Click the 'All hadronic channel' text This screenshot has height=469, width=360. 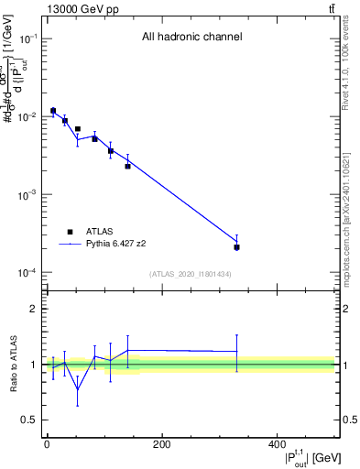coord(191,38)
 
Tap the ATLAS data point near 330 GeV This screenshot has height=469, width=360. coord(236,247)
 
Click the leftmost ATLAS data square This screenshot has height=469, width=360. coord(53,111)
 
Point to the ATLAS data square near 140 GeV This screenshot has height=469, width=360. coord(127,166)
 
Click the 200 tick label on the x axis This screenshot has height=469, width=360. coord(161,444)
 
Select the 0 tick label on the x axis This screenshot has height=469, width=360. coord(47,444)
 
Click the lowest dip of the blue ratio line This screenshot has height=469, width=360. coord(77,389)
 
